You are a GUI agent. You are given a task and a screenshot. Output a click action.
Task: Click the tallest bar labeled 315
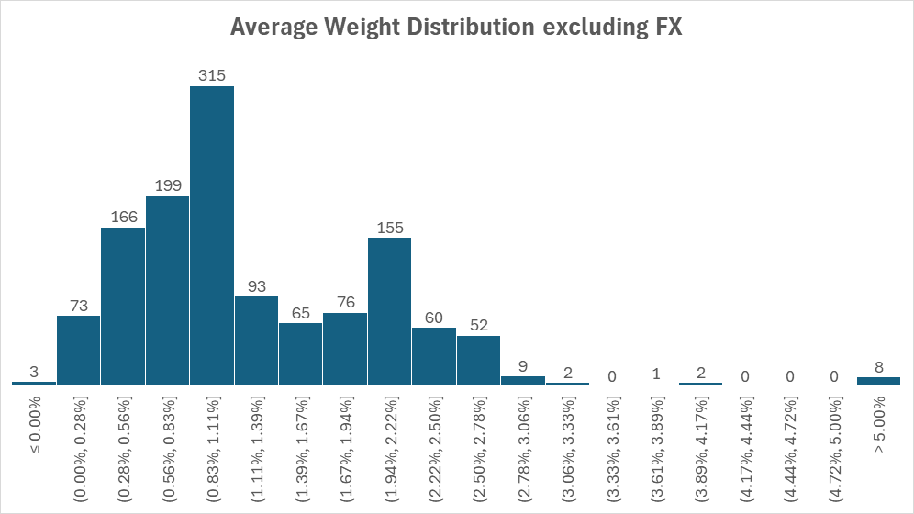click(212, 235)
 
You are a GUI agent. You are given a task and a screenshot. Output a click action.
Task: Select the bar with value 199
click(167, 290)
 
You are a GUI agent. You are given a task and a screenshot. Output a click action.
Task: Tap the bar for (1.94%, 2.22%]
click(390, 310)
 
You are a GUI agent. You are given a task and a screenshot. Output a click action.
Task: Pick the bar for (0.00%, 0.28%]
click(78, 350)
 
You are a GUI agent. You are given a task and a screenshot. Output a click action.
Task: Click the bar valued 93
click(256, 340)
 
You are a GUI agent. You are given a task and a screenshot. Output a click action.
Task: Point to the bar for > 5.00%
click(878, 380)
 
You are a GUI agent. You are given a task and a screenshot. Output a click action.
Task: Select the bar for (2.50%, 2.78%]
click(478, 360)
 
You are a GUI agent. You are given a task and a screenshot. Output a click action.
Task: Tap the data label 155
click(390, 227)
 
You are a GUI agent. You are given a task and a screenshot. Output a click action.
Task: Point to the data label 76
click(345, 302)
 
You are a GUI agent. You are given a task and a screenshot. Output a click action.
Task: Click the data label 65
click(300, 312)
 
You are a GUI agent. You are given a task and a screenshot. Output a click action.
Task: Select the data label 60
click(434, 317)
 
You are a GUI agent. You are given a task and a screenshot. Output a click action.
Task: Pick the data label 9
click(522, 365)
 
